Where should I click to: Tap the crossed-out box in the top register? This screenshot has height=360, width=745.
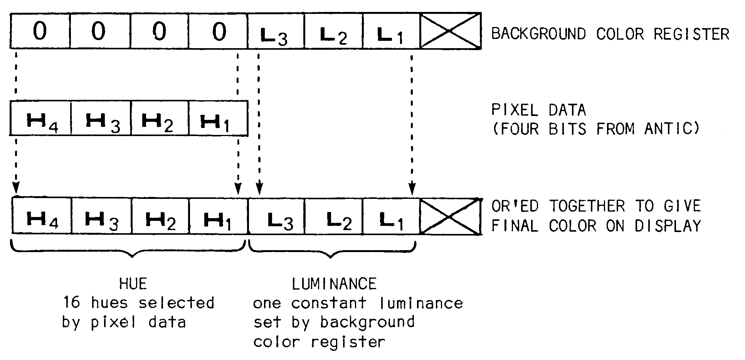click(x=450, y=31)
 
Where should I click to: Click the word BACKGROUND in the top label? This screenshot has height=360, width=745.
click(x=538, y=34)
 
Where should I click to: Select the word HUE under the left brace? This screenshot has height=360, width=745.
click(x=133, y=284)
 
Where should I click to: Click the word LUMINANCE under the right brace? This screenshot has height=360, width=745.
click(x=334, y=284)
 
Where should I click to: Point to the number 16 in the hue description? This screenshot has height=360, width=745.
click(x=72, y=303)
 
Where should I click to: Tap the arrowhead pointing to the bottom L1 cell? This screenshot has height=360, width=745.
click(x=412, y=190)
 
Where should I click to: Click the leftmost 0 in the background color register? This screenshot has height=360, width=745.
click(x=40, y=31)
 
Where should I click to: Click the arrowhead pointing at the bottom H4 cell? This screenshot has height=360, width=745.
click(x=15, y=189)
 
